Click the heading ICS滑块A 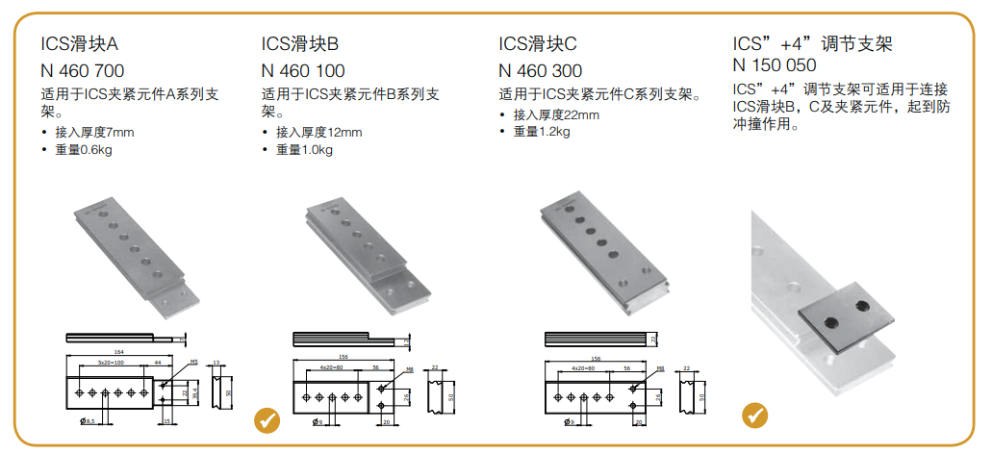79,44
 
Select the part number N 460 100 303,70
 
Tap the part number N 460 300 540,70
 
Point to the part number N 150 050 775,65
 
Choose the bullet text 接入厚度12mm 318,132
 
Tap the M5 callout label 192,363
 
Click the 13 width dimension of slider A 216,363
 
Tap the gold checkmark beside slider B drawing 267,420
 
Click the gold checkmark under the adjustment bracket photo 756,415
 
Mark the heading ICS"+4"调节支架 813,44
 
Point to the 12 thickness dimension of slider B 408,340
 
